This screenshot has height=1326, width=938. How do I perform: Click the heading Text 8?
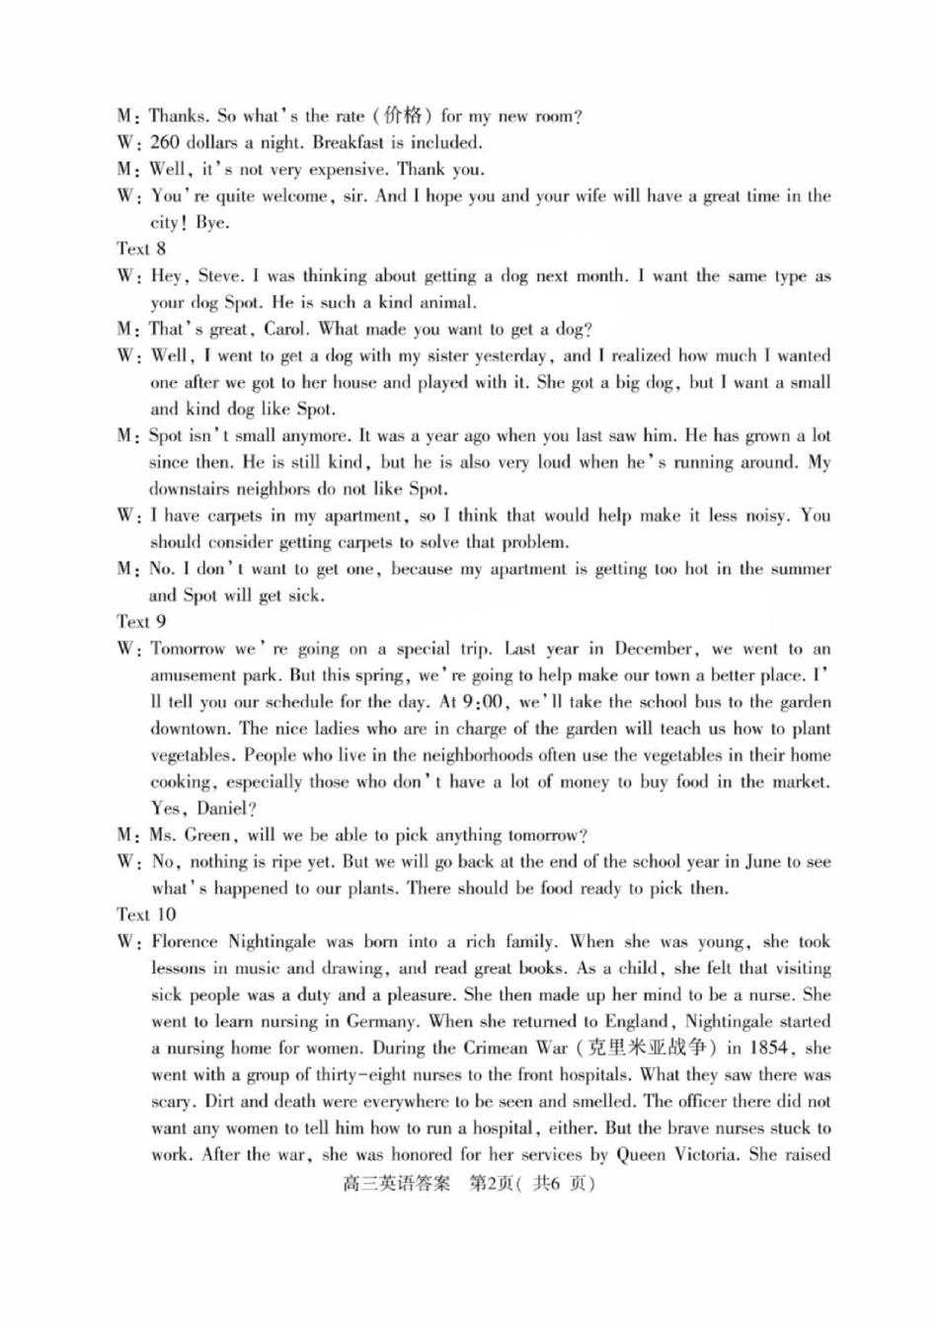pyautogui.click(x=141, y=249)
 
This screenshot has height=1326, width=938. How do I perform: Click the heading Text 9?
pyautogui.click(x=141, y=622)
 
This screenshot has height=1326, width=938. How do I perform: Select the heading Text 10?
pyautogui.click(x=146, y=915)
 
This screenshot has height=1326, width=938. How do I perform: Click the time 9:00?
pyautogui.click(x=484, y=703)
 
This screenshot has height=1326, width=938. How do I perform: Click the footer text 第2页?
pyautogui.click(x=491, y=1184)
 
